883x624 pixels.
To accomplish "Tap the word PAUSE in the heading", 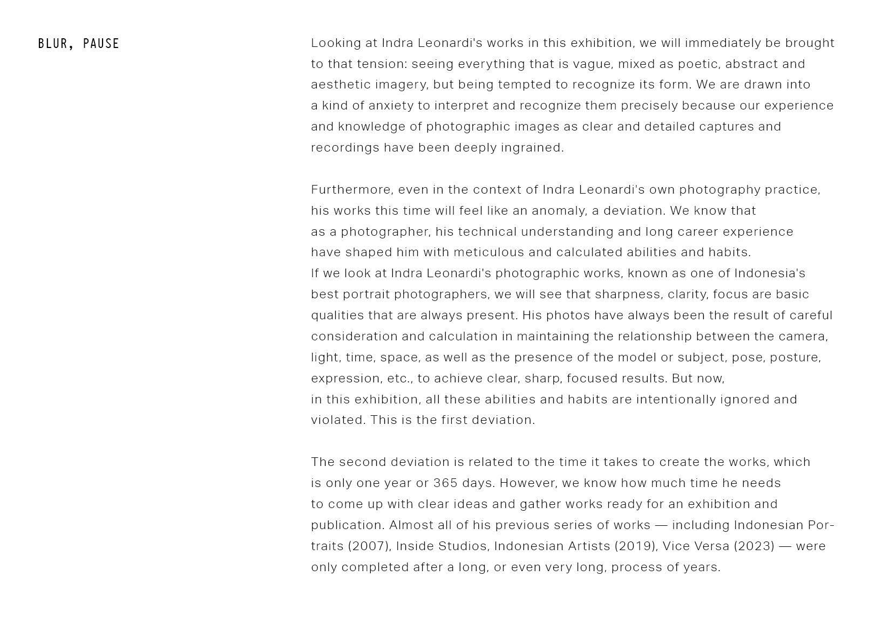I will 101,44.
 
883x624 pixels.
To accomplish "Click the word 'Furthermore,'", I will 352,190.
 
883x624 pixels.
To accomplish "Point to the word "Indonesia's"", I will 770,273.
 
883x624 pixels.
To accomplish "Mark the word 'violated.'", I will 338,420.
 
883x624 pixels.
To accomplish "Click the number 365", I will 445,483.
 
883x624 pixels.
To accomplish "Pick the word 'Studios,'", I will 464,546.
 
